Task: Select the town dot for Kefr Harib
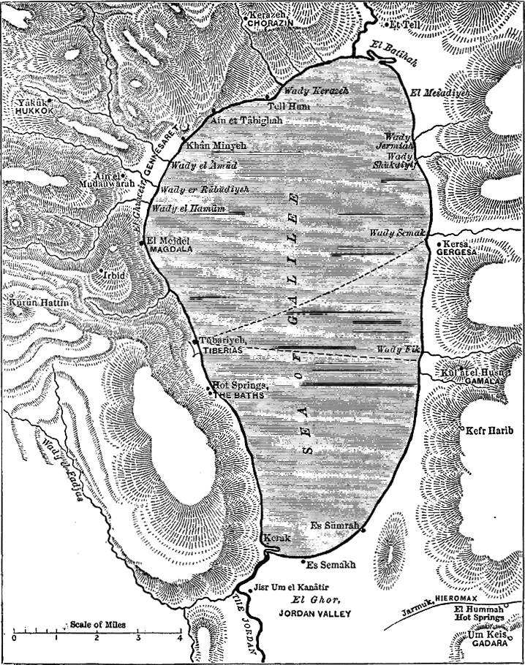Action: tap(461, 426)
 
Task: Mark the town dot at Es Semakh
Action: tap(304, 560)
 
